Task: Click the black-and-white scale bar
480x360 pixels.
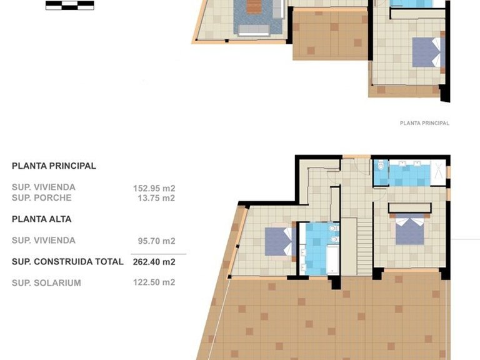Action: click(x=69, y=6)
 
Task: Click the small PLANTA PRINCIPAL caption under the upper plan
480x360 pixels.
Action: click(x=424, y=123)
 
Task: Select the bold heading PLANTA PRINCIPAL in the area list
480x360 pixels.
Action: click(x=54, y=166)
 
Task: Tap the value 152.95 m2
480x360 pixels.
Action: click(x=154, y=187)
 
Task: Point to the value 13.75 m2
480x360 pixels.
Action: click(x=156, y=198)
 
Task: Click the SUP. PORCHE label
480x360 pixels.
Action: click(x=41, y=198)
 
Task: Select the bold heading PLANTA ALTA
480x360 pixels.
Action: click(x=41, y=219)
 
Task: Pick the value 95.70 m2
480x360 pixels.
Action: click(x=156, y=241)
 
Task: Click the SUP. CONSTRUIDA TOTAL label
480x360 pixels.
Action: click(x=67, y=262)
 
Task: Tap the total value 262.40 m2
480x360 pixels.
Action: click(x=154, y=262)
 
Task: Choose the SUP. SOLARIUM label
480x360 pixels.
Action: click(x=46, y=283)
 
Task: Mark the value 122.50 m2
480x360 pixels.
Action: click(x=154, y=282)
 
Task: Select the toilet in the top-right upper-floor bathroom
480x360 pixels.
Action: click(x=381, y=167)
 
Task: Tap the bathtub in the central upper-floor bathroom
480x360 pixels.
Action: click(x=318, y=262)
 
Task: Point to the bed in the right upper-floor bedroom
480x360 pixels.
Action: click(x=409, y=229)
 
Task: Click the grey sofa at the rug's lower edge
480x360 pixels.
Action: click(x=256, y=29)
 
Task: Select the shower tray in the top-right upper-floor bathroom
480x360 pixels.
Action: click(x=440, y=172)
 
